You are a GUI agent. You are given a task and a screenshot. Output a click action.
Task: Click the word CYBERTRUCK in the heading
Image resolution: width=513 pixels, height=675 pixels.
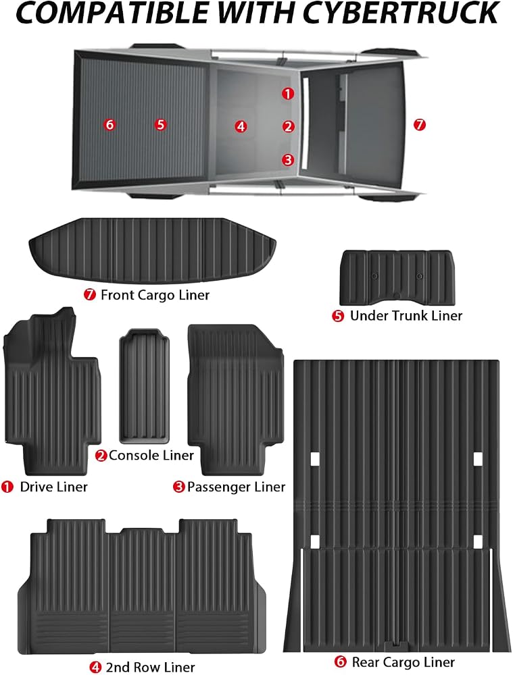coord(401,12)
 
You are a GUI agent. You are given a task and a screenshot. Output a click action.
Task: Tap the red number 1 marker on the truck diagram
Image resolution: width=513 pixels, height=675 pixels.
coord(288,93)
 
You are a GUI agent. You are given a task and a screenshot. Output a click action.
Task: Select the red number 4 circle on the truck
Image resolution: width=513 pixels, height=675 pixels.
coord(241,126)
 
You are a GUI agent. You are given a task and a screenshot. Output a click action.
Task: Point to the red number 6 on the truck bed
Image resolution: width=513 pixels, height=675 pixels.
coord(110,124)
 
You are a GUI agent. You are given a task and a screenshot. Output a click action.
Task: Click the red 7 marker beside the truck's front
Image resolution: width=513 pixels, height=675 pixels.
coord(420,125)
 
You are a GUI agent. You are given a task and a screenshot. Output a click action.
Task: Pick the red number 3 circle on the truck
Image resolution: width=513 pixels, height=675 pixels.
coord(288,160)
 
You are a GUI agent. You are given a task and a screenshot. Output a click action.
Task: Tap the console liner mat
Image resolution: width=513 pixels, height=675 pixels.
coord(144,385)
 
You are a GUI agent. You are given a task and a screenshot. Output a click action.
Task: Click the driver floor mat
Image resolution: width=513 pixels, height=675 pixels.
coord(52,391)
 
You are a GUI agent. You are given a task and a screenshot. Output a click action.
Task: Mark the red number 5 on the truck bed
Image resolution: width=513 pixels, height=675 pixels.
coord(160,124)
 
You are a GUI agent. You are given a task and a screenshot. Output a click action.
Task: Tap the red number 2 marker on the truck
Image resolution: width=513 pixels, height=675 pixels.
coord(288,127)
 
